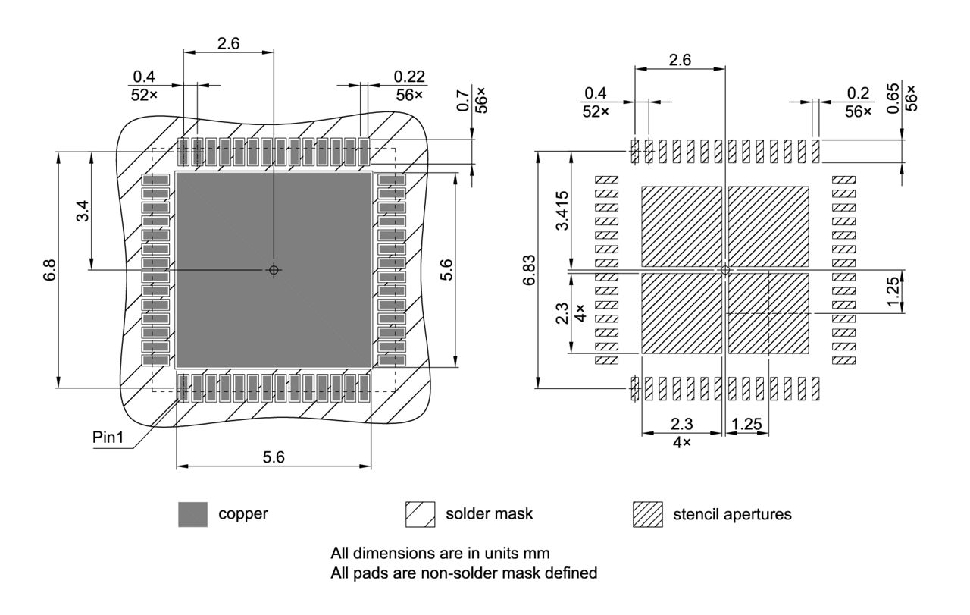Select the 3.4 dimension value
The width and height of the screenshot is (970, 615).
83,210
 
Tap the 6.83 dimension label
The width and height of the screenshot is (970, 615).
531,270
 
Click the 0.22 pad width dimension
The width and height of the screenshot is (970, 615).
409,77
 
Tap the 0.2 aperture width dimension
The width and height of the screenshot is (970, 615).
858,93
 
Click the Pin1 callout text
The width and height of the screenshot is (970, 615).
108,438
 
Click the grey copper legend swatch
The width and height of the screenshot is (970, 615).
192,514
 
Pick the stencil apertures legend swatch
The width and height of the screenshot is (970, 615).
647,514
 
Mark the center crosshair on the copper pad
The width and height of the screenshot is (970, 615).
274,269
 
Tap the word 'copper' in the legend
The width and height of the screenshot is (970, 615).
243,514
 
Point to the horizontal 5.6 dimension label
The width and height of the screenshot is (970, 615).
274,457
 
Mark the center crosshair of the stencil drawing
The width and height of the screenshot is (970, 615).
725,269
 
